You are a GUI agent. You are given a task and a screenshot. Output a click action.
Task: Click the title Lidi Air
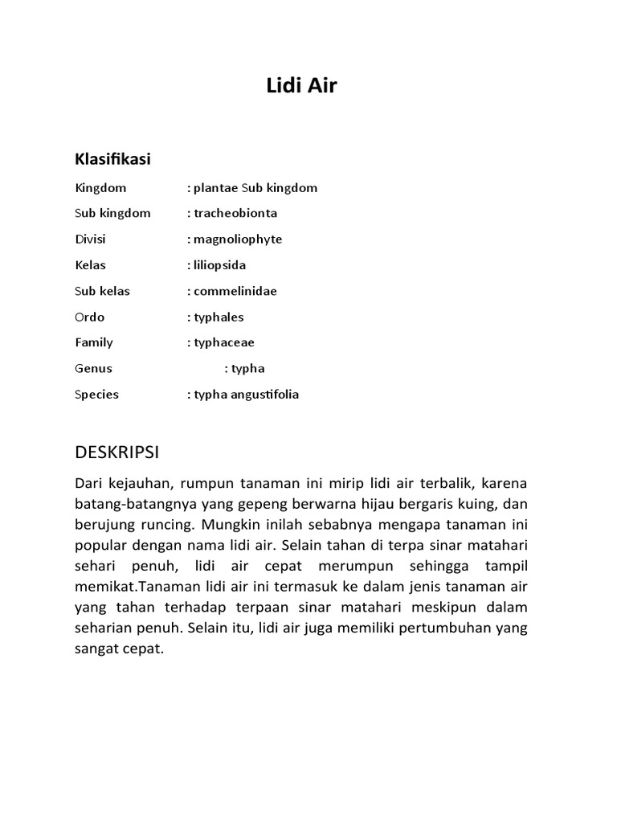[x=301, y=86]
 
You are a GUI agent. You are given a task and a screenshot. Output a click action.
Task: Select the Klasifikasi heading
[x=112, y=159]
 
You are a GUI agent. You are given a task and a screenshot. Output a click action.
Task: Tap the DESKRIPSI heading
[x=117, y=452]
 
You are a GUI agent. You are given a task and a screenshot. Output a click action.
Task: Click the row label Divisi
[x=90, y=240]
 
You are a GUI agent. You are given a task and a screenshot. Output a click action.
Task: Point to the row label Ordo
[x=89, y=317]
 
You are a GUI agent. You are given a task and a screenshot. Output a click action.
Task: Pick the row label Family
[x=94, y=342]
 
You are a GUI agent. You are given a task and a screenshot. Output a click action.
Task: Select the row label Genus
[x=93, y=368]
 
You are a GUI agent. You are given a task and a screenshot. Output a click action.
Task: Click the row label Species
[x=96, y=394]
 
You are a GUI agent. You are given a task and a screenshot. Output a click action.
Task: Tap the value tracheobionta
[x=235, y=214]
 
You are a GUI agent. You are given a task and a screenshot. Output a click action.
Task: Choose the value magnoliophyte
[x=238, y=240]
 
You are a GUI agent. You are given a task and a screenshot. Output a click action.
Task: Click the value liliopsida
[x=219, y=265]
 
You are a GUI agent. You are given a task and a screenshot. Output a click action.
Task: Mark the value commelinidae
[x=235, y=291]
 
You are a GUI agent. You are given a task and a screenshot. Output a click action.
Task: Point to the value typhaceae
[x=224, y=342]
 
